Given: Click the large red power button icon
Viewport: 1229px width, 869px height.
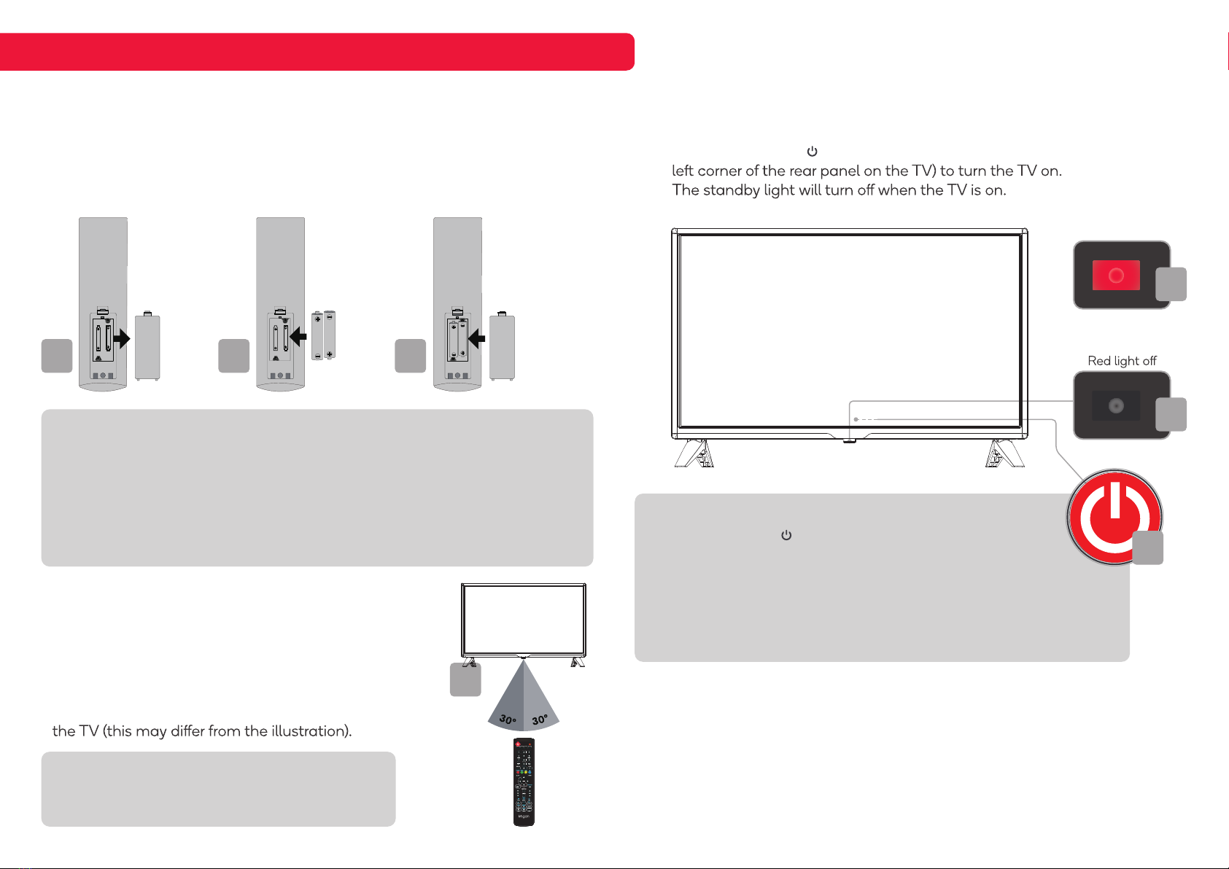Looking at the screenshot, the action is pos(1114,516).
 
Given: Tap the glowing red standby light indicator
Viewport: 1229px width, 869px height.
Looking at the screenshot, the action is pos(1116,276).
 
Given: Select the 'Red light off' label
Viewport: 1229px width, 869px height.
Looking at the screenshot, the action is pos(1122,361).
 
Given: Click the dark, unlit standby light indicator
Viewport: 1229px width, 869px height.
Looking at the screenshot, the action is pos(1116,406).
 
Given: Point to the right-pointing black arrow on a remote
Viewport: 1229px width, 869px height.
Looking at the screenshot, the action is pos(121,338).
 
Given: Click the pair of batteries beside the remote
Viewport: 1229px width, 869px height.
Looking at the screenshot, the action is pos(323,335).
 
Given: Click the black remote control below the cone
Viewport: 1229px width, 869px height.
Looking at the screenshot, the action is pos(524,782).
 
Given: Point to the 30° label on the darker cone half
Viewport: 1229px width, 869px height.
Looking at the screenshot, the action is pos(508,719).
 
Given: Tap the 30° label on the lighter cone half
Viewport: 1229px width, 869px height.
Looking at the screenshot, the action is pos(540,720).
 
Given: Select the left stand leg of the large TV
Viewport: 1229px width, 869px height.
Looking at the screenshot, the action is pos(694,453).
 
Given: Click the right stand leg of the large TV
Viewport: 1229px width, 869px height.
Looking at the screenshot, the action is pos(1004,453).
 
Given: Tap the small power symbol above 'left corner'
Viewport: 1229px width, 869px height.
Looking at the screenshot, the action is pos(812,152).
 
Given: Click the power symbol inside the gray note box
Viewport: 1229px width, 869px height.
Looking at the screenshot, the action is pos(786,535).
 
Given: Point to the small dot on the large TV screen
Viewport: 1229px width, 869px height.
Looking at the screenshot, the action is pos(856,419).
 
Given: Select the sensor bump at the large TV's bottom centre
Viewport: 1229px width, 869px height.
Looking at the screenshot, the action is pos(849,440).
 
